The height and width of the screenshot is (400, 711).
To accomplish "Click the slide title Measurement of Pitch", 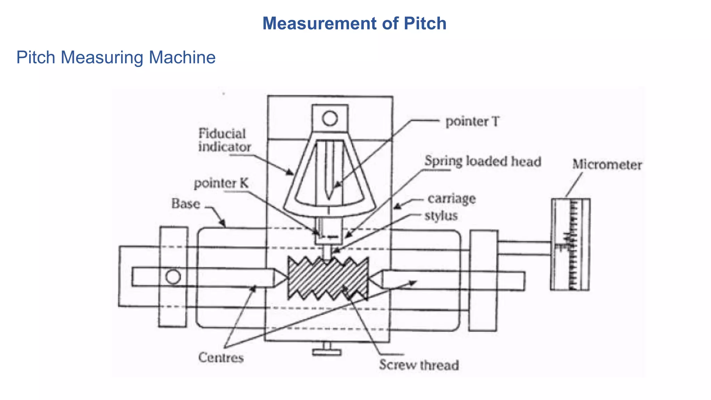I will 354,24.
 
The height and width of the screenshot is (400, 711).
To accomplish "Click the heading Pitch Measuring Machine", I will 116,57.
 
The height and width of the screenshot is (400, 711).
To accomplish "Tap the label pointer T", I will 472,122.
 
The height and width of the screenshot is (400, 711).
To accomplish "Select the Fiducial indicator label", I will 224,140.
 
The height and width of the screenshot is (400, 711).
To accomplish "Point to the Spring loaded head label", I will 483,161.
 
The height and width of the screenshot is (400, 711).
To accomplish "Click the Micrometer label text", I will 607,165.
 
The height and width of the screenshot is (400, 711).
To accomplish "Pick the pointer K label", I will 221,183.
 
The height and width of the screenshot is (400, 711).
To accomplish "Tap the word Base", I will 186,203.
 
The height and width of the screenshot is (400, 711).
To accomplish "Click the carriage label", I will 451,199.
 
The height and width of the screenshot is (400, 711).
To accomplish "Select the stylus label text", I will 441,216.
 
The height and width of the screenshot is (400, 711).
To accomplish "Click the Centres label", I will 221,357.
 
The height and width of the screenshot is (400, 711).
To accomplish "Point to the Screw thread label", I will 419,365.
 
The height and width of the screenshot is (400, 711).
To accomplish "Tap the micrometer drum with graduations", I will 570,244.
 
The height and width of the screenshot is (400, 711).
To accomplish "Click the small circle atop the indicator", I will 329,118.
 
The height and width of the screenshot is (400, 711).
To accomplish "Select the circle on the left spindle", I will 173,277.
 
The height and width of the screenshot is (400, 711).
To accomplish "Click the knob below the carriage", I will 326,351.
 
